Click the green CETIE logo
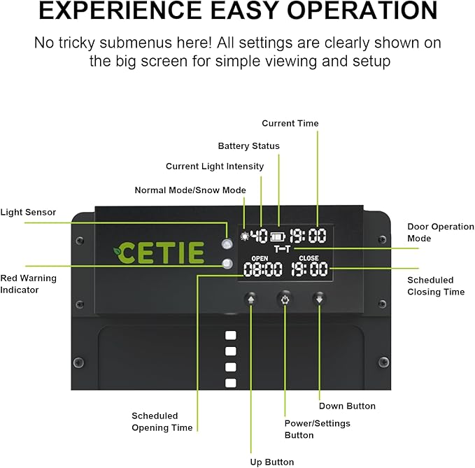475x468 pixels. coord(159,253)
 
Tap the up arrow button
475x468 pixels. coord(251,299)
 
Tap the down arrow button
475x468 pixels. coord(319,299)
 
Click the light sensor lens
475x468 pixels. coord(227,243)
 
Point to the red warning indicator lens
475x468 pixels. coord(227,264)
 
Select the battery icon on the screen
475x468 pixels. coord(278,236)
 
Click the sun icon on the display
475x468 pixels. coord(244,236)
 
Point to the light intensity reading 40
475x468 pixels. coord(260,236)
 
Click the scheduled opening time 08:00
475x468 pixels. coord(262,269)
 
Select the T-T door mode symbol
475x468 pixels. coord(282,249)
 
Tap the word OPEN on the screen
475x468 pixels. coord(260,258)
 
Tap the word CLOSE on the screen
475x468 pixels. coord(309,258)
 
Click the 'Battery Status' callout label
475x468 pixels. coord(249,146)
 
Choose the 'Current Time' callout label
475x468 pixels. coord(290,123)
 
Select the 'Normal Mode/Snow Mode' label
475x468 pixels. coord(190,190)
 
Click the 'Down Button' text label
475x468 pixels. coord(347,406)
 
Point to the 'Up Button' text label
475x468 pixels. coord(272,462)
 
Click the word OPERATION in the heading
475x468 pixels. coord(362,10)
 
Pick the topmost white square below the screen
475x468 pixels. coord(231,335)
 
